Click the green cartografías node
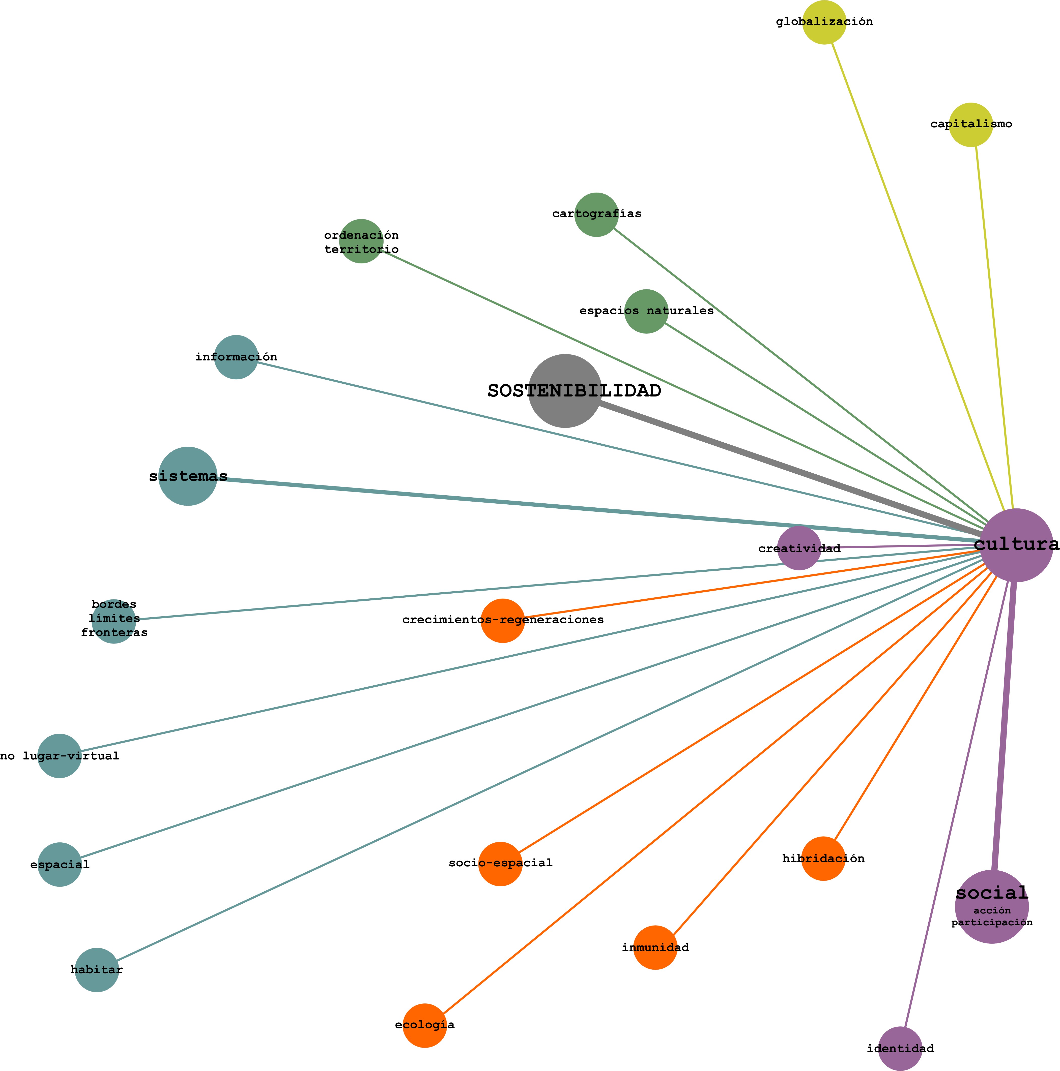tap(596, 215)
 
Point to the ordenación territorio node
tap(361, 241)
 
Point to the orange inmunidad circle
tap(655, 947)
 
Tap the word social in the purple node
tap(992, 893)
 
